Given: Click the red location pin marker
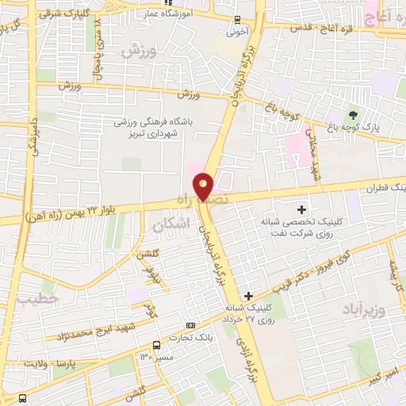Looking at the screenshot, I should (204, 186).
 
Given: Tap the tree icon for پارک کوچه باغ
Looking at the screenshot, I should (354, 115).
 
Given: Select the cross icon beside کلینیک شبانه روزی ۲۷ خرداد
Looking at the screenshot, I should (249, 295).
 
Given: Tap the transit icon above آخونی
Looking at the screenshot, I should (237, 21).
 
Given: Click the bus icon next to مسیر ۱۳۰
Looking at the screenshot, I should (156, 344).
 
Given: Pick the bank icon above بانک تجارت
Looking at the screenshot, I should (190, 324).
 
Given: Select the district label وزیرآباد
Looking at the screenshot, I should (365, 306).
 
